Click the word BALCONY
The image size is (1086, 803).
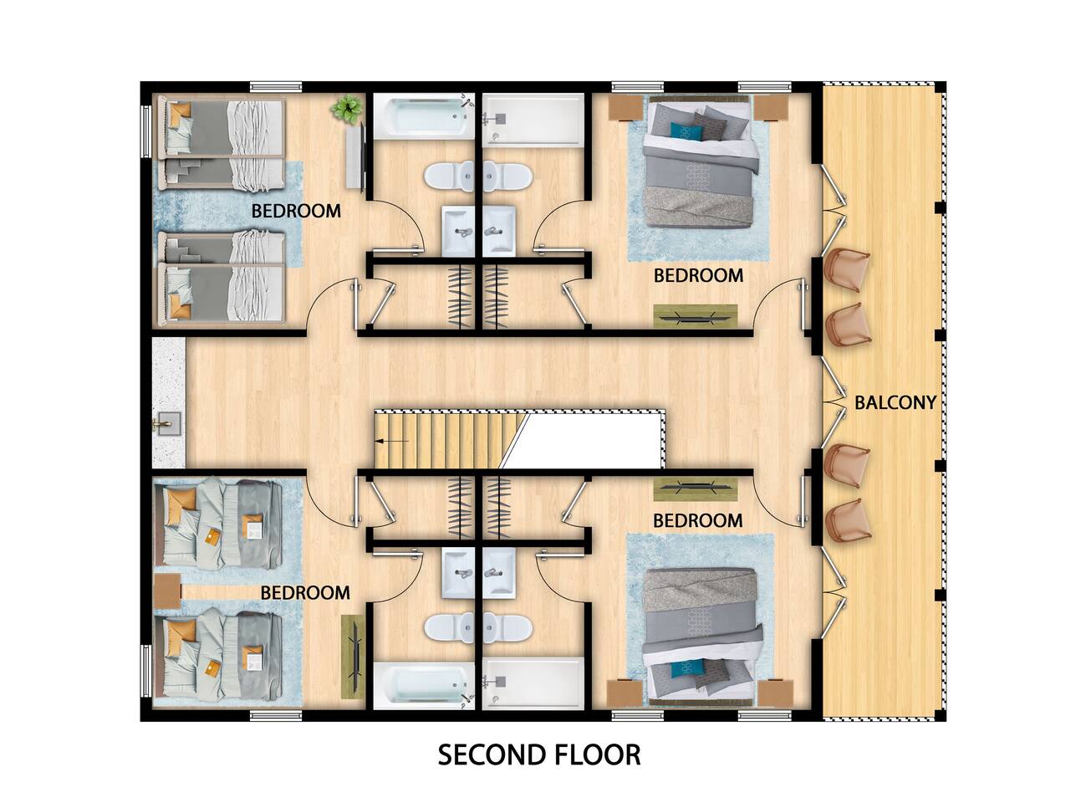[x=895, y=402]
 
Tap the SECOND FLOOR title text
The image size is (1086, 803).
[x=539, y=755]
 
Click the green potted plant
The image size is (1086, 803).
[x=347, y=109]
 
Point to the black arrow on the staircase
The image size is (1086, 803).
[x=392, y=441]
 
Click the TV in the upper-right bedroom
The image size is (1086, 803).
[x=696, y=316]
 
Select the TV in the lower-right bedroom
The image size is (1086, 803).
[x=696, y=488]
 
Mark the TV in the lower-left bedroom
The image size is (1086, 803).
[x=353, y=657]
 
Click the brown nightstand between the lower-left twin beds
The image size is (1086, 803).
[x=167, y=592]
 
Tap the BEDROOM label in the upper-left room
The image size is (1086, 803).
[x=296, y=211]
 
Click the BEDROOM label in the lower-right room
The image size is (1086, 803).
[x=698, y=520]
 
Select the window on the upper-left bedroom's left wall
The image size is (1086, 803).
[x=145, y=131]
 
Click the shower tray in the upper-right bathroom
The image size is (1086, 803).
[x=533, y=120]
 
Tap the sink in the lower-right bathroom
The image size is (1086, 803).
[x=499, y=574]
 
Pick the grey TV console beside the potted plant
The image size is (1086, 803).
[x=356, y=156]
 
